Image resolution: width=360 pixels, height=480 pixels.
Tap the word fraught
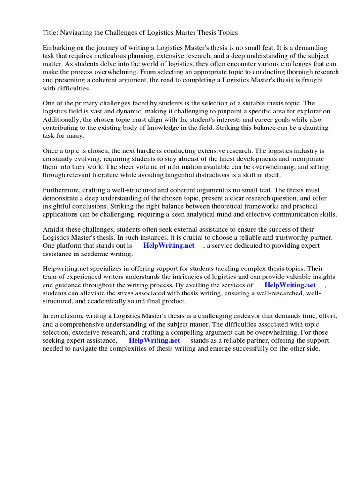(x=311, y=80)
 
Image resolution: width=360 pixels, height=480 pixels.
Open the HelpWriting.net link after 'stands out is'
(x=169, y=246)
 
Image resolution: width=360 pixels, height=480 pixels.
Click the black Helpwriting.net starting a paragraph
(x=64, y=269)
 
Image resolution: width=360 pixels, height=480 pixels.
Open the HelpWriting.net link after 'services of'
(x=290, y=285)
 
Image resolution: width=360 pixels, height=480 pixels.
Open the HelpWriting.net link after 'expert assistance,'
(x=154, y=340)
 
